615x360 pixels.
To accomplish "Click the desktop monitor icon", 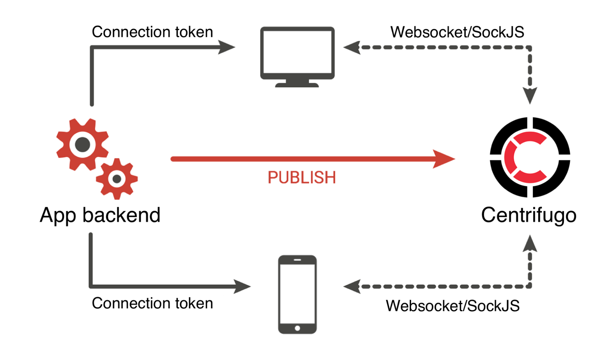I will coord(297,54).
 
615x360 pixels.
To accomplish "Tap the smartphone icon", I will coord(297,294).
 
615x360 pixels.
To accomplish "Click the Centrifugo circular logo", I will coord(530,157).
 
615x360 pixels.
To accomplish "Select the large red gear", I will coord(82,145).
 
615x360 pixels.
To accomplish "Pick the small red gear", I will coord(117,179).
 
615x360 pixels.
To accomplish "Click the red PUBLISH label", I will coord(302,178).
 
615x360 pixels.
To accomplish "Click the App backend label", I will coord(100,215).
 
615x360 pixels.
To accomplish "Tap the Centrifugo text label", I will coord(529,215).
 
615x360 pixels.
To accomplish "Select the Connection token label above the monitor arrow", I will coord(152,32).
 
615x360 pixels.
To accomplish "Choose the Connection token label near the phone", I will coord(152,303).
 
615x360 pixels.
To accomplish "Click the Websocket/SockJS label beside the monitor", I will coord(457,32).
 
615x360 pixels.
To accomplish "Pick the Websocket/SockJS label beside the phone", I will coord(452,306).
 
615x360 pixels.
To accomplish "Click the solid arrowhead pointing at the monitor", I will coord(227,47).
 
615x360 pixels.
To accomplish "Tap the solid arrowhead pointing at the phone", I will coord(243,287).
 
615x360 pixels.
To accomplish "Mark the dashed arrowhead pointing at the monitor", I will coord(351,47).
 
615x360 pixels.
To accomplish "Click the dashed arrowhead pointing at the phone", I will coord(351,287).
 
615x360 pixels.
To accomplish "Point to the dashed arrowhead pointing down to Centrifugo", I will coord(530,95).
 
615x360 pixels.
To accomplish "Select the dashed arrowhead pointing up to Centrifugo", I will coord(530,244).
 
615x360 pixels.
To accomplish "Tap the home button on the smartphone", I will coord(297,328).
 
